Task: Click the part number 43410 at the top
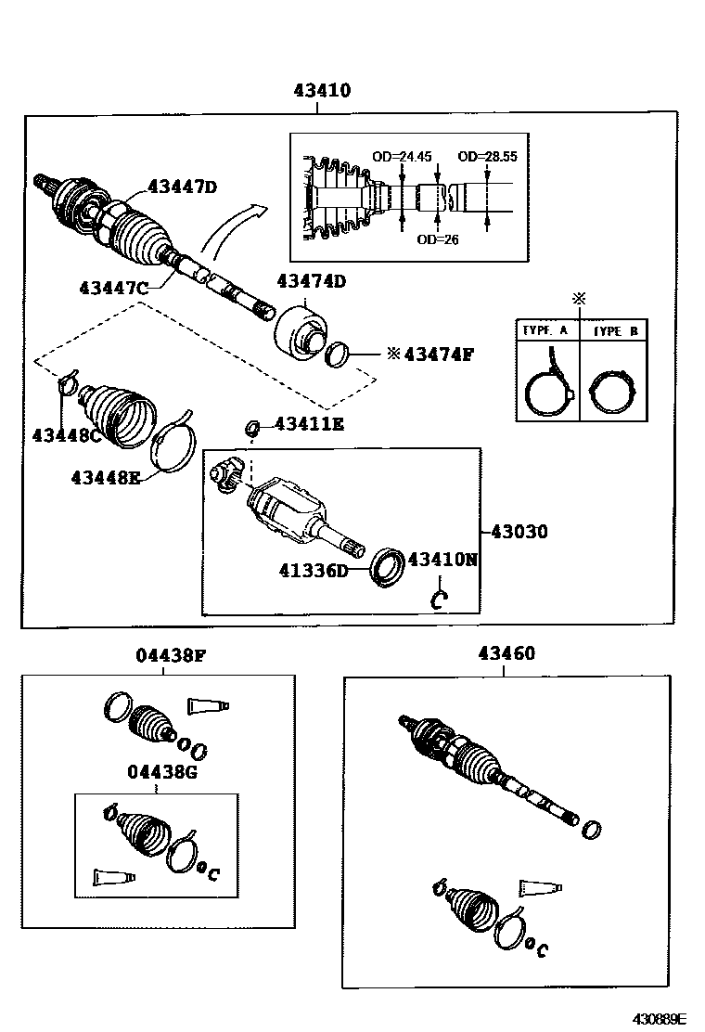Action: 322,91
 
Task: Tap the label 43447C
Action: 113,288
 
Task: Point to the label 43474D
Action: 312,281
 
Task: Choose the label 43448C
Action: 67,434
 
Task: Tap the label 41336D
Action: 314,570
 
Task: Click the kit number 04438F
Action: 171,655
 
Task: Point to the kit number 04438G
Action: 163,771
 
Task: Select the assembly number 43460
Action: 506,653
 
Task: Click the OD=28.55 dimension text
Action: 487,156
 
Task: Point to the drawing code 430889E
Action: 660,1018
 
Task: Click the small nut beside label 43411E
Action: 250,427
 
